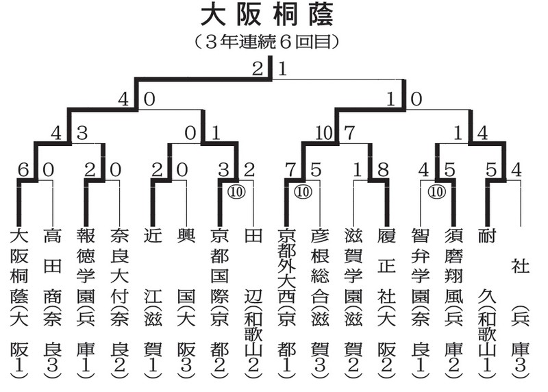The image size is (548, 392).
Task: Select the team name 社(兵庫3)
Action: (x=520, y=315)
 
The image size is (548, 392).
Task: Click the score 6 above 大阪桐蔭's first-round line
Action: (x=23, y=169)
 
